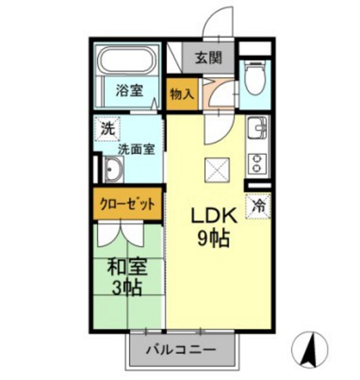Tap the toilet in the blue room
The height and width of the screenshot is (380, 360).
[x=256, y=79]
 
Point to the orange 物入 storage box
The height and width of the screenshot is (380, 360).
[x=181, y=94]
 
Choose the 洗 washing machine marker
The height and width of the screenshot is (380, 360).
[x=107, y=127]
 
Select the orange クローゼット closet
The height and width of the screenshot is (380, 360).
[x=127, y=203]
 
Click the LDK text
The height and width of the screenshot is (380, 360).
[x=212, y=216]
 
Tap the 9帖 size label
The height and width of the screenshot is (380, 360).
[x=212, y=238]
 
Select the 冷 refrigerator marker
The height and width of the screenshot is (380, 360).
[x=259, y=204]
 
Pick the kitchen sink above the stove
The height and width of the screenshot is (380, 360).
[x=258, y=129]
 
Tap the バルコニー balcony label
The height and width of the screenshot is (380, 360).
[x=181, y=351]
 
